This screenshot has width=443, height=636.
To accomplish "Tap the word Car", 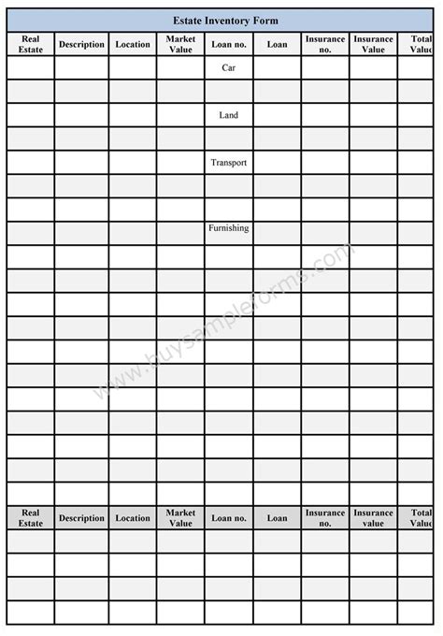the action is [x=229, y=67].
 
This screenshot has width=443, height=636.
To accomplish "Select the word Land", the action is [x=229, y=115].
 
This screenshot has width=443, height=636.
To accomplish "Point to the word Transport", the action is [x=229, y=163].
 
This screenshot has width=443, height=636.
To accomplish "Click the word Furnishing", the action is [x=229, y=227].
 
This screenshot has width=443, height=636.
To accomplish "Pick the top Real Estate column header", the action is [x=31, y=44].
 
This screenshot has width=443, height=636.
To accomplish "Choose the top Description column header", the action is [x=81, y=44].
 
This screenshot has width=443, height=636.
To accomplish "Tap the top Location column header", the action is [x=133, y=44].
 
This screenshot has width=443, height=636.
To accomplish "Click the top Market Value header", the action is [x=180, y=44].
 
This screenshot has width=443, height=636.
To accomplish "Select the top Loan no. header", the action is [x=229, y=44].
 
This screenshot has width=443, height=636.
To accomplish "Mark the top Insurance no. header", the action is [x=325, y=44].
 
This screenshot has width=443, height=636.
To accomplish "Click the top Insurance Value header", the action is [x=373, y=44].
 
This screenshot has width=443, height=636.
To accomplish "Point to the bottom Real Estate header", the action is [x=31, y=517].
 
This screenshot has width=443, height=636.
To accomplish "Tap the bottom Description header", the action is [x=81, y=517].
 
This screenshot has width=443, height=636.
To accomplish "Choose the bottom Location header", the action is [x=133, y=517].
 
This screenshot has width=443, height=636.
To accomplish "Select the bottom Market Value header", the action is [x=180, y=517].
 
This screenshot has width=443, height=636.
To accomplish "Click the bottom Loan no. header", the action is [x=229, y=517].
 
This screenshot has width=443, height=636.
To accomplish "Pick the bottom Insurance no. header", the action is [x=325, y=517].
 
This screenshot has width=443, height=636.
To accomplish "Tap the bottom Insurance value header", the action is [x=373, y=517].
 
